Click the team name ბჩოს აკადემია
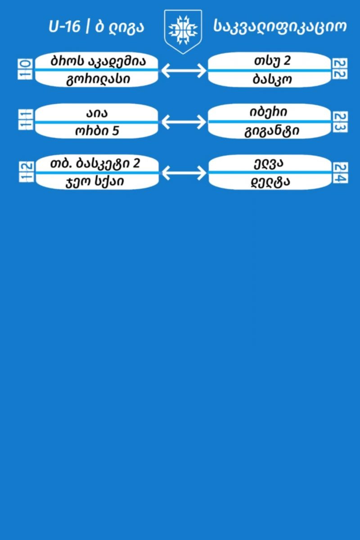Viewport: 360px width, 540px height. (x=98, y=61)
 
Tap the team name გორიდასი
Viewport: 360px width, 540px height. (x=98, y=79)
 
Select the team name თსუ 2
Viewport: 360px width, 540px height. (x=272, y=60)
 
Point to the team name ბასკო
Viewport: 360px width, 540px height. (x=272, y=79)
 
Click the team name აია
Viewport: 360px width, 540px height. (x=97, y=113)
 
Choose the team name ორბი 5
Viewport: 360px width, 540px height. (x=97, y=130)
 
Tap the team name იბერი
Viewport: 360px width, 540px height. (x=268, y=112)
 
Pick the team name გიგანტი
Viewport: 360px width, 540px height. (x=272, y=131)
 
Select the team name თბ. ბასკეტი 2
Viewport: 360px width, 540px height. (x=95, y=163)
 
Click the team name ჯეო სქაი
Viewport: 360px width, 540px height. (x=95, y=182)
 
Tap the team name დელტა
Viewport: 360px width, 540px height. (x=270, y=182)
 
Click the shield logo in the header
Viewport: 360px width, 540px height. (x=183, y=31)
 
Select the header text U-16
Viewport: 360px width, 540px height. (x=64, y=26)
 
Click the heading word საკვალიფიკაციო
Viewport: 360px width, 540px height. (x=280, y=26)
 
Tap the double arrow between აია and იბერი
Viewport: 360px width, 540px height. (x=184, y=121)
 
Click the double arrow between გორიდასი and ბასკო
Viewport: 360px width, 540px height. (x=184, y=70)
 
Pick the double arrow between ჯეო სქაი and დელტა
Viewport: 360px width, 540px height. (x=184, y=173)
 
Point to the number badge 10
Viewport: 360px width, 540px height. (x=25, y=69)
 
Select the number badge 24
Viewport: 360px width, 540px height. (x=340, y=173)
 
